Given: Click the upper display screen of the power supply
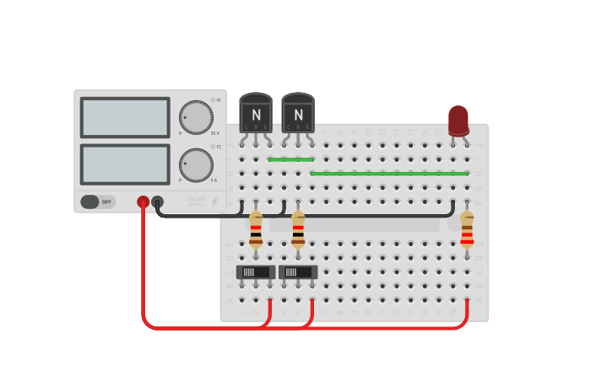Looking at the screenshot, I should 125,117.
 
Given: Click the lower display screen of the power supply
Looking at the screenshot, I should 125,164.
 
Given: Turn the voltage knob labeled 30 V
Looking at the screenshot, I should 196,117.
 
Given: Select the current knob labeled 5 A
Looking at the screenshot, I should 196,164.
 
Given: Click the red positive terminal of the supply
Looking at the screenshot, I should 144,202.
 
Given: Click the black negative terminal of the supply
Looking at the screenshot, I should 157,202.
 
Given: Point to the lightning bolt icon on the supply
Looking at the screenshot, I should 214,202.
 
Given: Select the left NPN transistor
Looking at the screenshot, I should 256,114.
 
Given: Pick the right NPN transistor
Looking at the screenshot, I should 298,114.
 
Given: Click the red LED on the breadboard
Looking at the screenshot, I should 458,120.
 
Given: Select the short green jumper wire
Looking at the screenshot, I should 290,159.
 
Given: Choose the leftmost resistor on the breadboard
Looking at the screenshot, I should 256,230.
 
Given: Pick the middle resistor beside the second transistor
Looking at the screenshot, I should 298,230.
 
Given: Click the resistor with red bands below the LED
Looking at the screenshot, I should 467,230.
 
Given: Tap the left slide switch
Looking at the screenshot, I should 256,272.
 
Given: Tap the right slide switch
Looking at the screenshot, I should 298,272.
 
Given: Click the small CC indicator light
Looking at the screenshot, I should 212,147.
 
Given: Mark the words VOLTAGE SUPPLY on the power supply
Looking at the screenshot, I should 196,202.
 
